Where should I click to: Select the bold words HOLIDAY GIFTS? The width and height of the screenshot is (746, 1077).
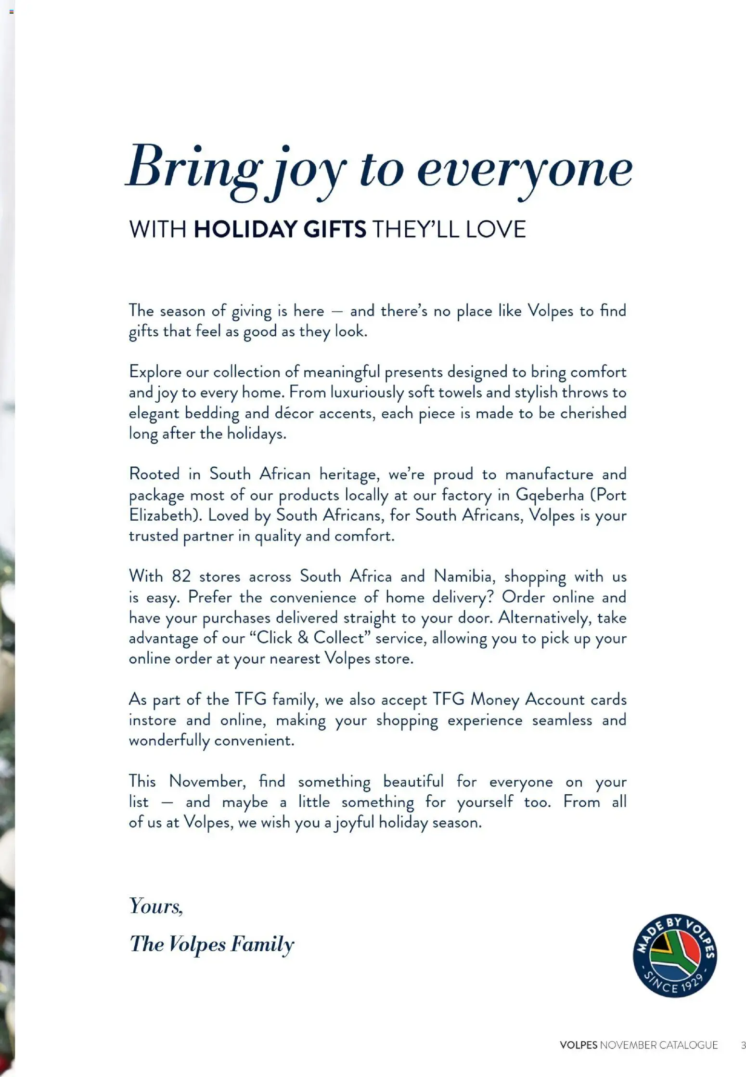280,229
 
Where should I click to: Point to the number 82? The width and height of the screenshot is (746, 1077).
181,577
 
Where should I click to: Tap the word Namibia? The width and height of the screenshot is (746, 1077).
463,577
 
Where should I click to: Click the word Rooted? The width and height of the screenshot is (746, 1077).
154,474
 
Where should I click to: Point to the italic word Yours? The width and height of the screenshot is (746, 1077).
156,906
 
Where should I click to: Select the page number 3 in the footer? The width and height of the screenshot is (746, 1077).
743,1045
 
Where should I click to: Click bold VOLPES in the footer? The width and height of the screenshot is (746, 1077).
578,1045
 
